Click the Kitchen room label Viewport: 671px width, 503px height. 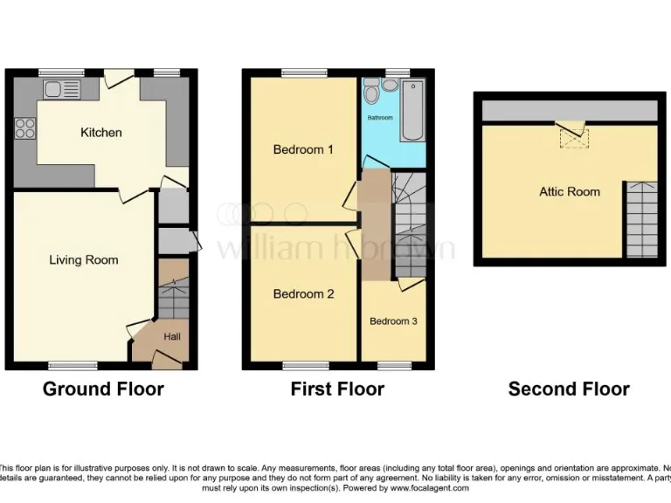[x=101, y=133]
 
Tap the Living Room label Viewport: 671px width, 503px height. [x=83, y=259]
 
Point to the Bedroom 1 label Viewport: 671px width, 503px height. [x=303, y=149]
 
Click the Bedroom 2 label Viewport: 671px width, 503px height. [x=303, y=294]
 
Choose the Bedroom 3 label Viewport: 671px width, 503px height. [x=393, y=321]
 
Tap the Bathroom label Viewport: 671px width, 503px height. [x=380, y=117]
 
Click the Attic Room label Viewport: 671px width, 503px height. [x=569, y=191]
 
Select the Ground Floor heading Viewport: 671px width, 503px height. [x=103, y=389]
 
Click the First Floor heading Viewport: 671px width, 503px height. [x=337, y=389]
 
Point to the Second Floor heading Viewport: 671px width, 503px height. [x=569, y=389]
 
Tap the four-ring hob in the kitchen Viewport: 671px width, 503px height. [x=25, y=128]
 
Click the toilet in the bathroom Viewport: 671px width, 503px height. [x=372, y=90]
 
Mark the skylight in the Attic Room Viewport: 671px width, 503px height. [x=575, y=135]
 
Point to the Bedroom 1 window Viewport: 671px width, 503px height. [x=303, y=72]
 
